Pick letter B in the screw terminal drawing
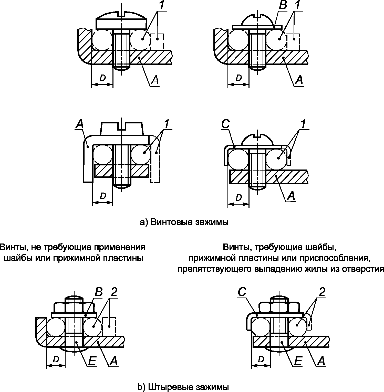coord(283,5)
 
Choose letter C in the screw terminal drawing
coord(226,124)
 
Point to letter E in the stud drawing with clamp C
coord(298,361)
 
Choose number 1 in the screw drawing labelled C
coord(303,124)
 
